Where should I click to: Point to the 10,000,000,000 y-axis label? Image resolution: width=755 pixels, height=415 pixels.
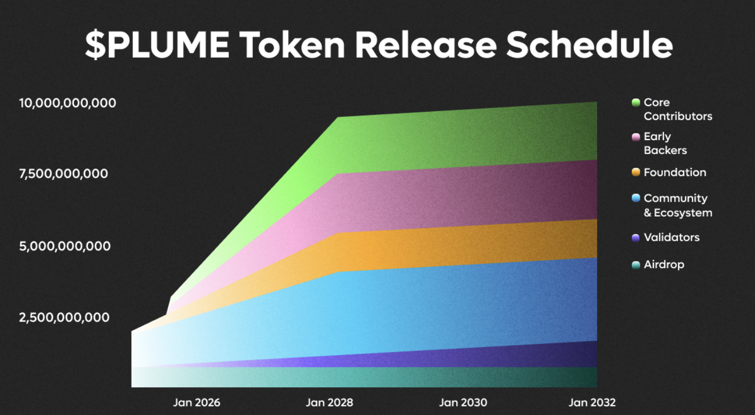[x=67, y=103]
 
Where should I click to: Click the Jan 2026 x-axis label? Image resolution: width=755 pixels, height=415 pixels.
[x=197, y=403]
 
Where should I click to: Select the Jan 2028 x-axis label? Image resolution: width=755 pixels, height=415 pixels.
[x=329, y=403]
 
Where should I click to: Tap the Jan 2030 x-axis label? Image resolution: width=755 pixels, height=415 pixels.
[x=463, y=403]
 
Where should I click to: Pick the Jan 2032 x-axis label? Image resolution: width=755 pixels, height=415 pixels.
[x=592, y=403]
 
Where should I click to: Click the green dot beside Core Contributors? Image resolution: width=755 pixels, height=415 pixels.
[x=636, y=103]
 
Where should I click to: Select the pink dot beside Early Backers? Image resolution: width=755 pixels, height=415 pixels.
[x=636, y=137]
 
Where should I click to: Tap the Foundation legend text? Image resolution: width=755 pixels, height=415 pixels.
[x=675, y=172]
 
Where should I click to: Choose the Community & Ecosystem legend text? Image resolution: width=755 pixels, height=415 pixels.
[x=677, y=205]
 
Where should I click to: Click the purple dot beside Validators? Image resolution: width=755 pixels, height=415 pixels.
[x=636, y=238]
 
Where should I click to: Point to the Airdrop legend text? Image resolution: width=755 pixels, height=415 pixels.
[x=664, y=265]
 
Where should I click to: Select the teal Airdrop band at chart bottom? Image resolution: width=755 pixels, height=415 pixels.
[x=375, y=377]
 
